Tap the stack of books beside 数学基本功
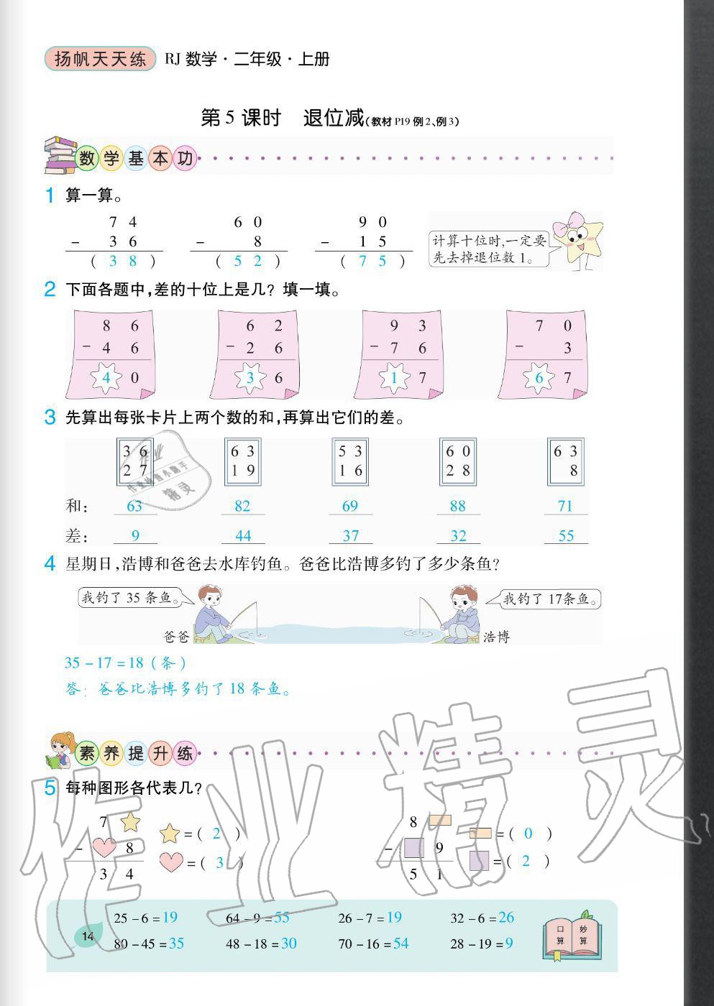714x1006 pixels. pos(60,155)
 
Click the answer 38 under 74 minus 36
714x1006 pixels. pos(122,261)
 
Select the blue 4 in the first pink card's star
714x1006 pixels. pos(106,377)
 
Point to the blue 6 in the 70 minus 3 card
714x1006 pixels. pos(539,377)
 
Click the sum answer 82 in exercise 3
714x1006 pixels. pos(242,506)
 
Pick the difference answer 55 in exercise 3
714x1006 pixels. pos(566,535)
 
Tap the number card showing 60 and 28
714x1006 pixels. pos(457,461)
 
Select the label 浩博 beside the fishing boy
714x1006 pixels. pos(496,636)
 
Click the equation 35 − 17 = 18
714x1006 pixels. pos(126,663)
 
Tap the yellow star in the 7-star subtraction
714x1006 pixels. pos(130,821)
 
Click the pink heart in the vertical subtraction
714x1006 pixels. pos(105,848)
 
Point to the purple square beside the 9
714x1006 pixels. pos(414,848)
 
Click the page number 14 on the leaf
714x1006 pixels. pos(88,936)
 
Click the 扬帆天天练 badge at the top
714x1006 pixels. pos(99,59)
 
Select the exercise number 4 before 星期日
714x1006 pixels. pos(50,564)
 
